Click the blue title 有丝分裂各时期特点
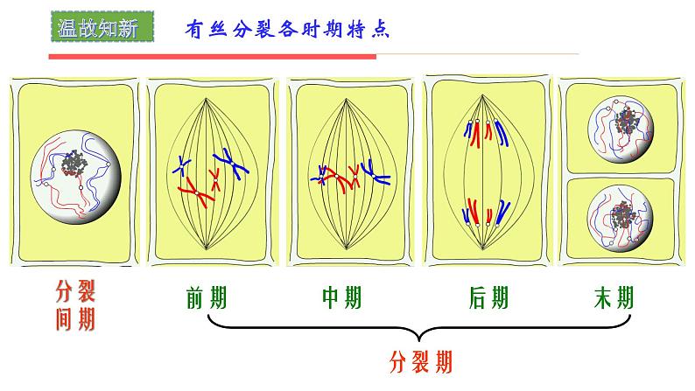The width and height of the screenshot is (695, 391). pyautogui.click(x=287, y=28)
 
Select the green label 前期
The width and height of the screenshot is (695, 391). pyautogui.click(x=207, y=298)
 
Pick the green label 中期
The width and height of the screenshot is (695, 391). pyautogui.click(x=341, y=298)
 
